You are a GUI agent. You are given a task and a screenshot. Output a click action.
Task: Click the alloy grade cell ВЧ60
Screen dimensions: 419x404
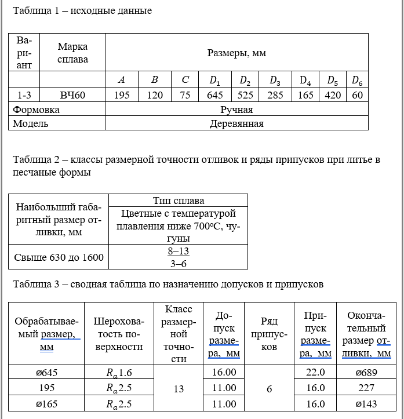(x=72, y=95)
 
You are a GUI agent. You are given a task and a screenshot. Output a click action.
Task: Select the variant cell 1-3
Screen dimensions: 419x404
(x=24, y=95)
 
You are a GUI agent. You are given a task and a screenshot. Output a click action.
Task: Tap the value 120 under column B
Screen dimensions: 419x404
(x=155, y=95)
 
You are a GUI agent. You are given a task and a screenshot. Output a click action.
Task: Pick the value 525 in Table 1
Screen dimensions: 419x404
(x=245, y=95)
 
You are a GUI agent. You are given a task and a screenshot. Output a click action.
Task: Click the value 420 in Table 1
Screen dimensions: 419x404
(x=333, y=95)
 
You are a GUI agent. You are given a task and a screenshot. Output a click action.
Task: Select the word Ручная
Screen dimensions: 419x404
(x=236, y=109)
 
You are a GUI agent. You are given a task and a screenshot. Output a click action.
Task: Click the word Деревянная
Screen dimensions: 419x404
(x=236, y=123)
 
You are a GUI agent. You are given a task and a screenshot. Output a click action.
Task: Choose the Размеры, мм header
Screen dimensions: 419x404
(x=236, y=53)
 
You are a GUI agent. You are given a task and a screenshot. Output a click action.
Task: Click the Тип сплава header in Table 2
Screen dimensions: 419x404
(x=179, y=201)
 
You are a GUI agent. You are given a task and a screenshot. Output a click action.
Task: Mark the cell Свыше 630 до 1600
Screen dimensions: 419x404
(x=59, y=257)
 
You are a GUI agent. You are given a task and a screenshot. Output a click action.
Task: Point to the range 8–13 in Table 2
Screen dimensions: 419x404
(x=179, y=252)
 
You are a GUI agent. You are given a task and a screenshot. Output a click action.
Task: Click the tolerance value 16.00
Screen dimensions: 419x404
(x=224, y=372)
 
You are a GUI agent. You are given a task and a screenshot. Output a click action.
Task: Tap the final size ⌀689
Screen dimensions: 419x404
(x=366, y=372)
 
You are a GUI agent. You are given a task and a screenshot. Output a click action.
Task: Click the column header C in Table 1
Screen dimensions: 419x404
(x=185, y=79)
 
